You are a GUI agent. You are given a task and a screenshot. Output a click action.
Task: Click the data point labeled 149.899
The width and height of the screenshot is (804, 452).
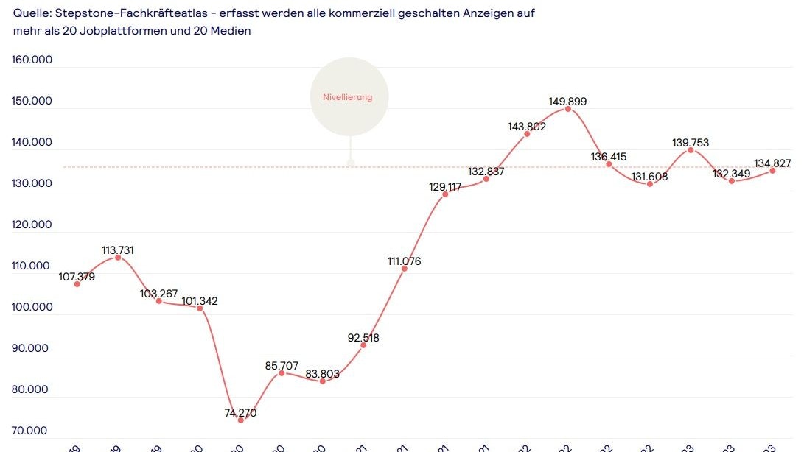click(567, 109)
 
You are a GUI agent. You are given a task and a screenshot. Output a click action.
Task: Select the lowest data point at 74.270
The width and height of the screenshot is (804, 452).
click(240, 420)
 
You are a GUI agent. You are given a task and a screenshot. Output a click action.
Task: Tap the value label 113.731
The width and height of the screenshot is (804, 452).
click(118, 250)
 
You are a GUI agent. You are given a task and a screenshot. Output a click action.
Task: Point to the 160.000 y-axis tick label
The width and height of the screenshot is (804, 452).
click(32, 60)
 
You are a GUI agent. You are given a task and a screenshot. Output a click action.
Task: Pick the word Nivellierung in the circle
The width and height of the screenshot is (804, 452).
click(348, 97)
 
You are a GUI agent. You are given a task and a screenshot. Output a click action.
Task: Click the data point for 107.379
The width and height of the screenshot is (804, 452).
click(77, 283)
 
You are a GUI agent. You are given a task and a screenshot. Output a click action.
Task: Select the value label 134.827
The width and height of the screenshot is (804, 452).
click(772, 163)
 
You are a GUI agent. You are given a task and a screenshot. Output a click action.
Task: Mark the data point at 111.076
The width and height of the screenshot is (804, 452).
click(404, 269)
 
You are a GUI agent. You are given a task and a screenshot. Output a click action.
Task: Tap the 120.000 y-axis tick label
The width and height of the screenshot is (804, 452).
click(32, 225)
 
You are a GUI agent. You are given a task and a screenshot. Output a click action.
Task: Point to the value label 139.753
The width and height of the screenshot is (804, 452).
click(691, 143)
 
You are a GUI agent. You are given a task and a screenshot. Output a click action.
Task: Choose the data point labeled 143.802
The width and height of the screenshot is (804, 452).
click(527, 134)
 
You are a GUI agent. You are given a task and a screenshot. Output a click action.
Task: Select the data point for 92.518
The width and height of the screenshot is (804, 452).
click(363, 345)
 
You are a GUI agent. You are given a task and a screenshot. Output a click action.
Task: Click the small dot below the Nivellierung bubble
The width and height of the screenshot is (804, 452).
click(351, 163)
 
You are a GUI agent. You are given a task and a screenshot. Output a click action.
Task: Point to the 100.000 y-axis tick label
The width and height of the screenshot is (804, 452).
click(32, 307)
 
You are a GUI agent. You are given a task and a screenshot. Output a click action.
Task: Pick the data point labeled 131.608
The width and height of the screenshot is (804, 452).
click(650, 183)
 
